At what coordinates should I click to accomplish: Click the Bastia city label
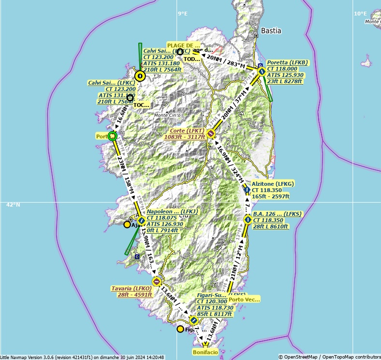[271, 30]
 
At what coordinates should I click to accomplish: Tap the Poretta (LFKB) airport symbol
[262, 71]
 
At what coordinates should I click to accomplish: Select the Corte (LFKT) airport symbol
[210, 133]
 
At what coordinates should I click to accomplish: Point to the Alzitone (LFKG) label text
[273, 184]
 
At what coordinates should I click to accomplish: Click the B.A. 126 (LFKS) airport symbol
[248, 219]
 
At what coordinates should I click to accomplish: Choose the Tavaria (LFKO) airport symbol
[156, 281]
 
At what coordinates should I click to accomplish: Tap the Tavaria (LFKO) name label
[132, 288]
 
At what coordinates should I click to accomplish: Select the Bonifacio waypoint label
[205, 352]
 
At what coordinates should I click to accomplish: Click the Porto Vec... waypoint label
[245, 299]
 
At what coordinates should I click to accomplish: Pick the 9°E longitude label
[182, 14]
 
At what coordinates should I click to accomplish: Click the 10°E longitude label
[360, 14]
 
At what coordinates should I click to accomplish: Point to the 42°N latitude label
[13, 205]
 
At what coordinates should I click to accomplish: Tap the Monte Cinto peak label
[167, 115]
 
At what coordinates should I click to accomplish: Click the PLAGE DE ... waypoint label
[183, 45]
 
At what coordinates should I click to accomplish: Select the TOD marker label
[192, 59]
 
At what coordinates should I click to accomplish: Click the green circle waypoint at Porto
[113, 136]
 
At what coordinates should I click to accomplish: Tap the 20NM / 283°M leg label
[226, 60]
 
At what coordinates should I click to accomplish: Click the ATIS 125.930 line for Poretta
[285, 75]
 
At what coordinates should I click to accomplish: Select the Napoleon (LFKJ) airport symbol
[141, 221]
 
